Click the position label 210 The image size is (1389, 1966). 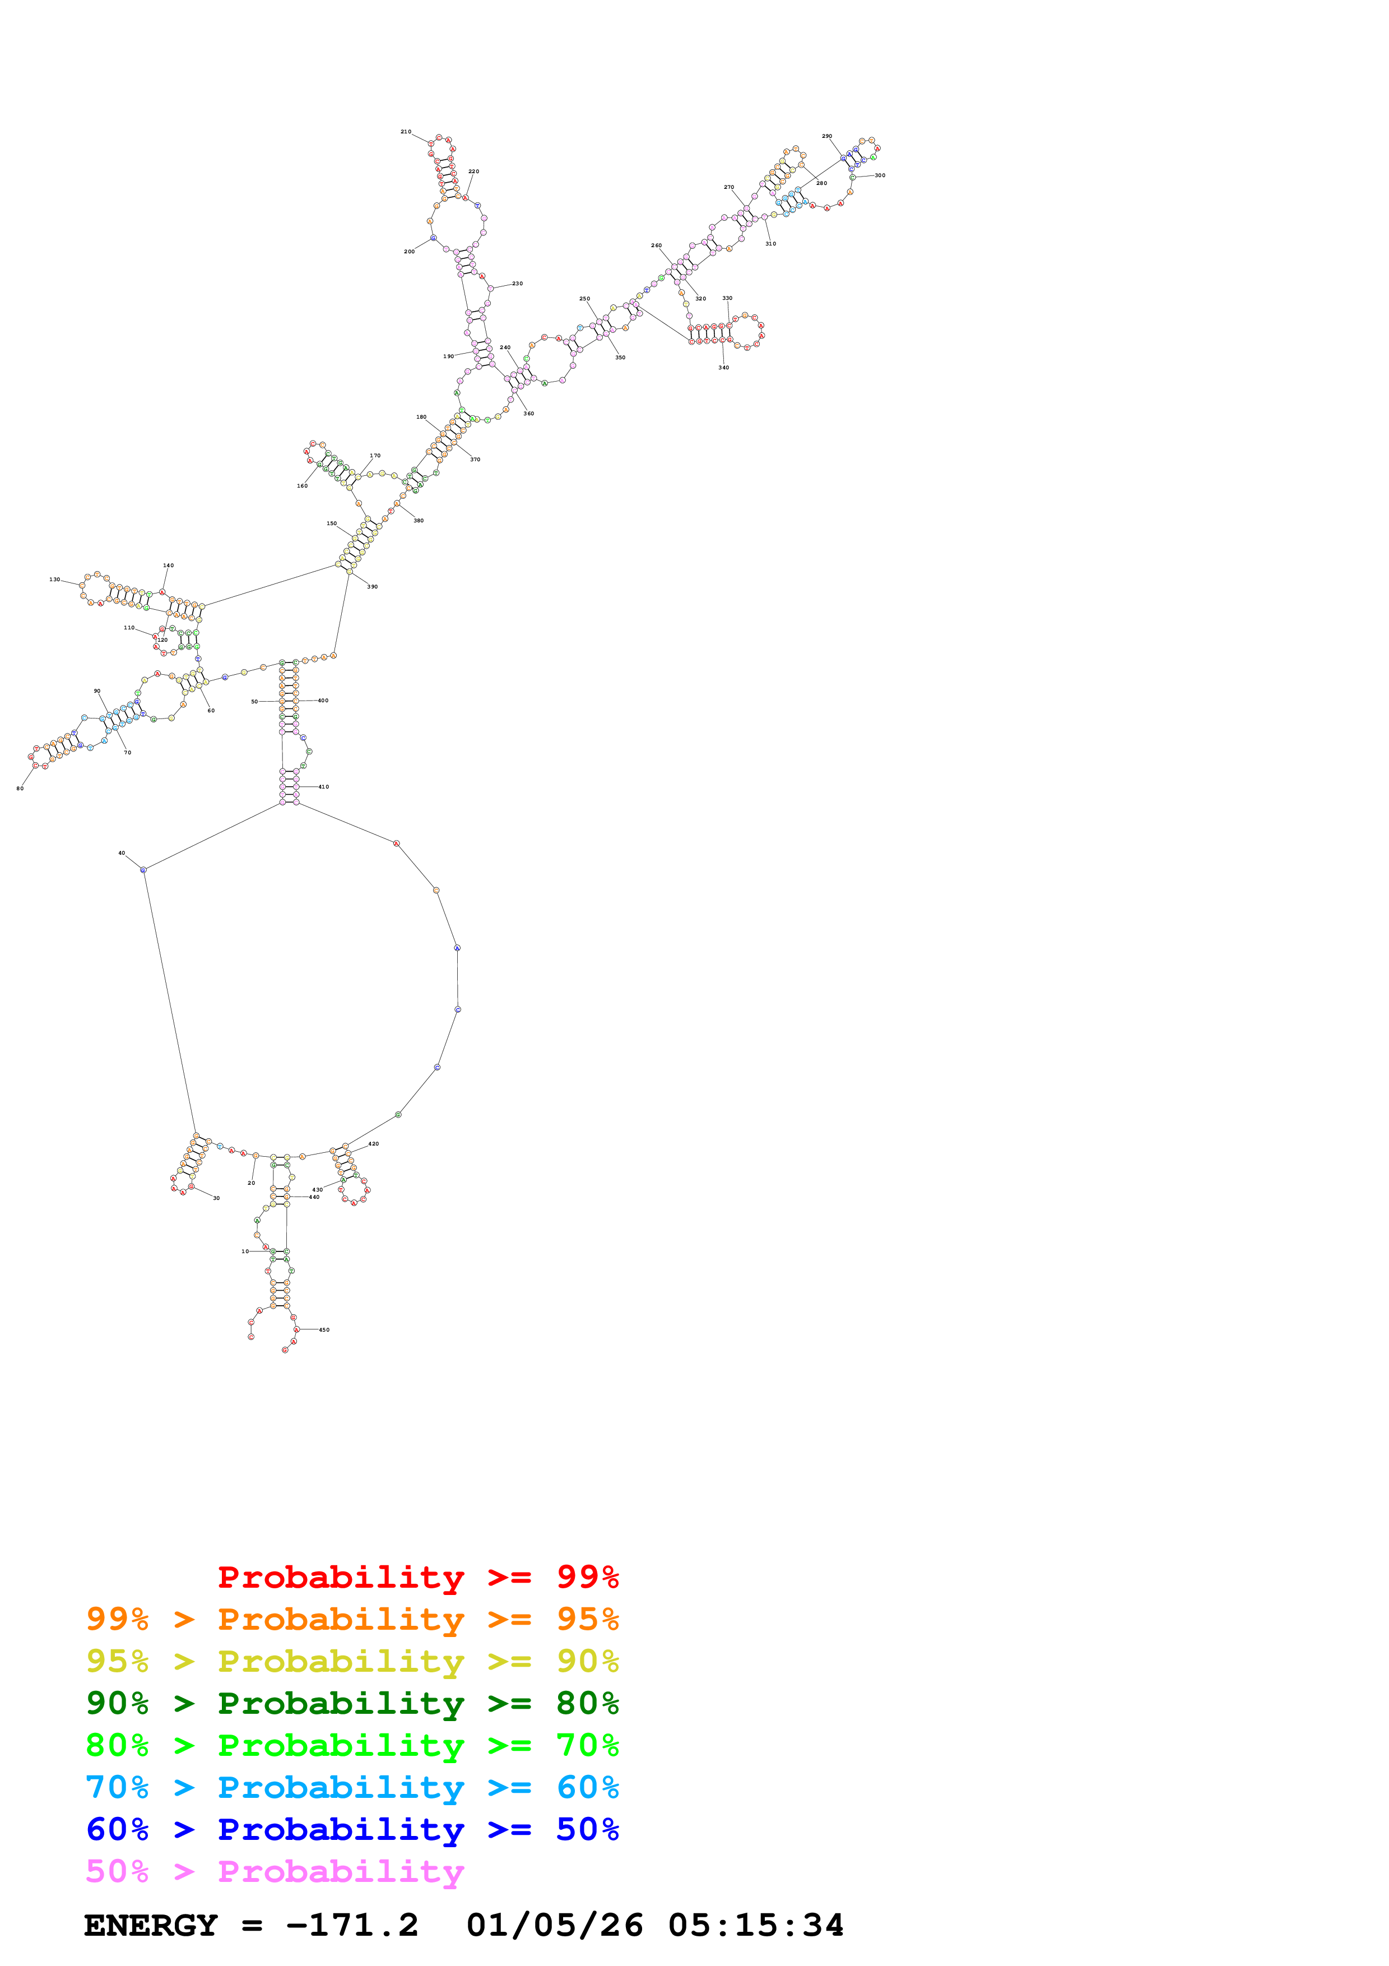point(406,132)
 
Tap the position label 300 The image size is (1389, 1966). point(880,175)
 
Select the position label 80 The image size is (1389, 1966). point(20,789)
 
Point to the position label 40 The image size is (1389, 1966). point(122,853)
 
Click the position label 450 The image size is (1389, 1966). point(324,1330)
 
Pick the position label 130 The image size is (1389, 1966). point(55,579)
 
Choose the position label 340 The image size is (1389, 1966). point(724,367)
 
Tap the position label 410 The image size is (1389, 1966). point(323,787)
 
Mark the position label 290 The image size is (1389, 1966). point(826,136)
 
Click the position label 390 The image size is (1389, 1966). point(372,587)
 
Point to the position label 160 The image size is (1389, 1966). point(302,485)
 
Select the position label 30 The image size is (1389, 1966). point(216,1198)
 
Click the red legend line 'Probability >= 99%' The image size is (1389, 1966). point(417,1577)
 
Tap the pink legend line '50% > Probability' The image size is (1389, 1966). point(275,1872)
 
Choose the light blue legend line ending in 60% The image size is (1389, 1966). point(352,1788)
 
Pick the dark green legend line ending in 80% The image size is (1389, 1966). point(352,1704)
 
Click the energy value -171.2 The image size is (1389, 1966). point(352,1926)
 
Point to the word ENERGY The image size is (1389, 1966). point(151,1926)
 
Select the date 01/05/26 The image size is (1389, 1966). point(555,1926)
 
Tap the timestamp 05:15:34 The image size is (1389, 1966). point(756,1926)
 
